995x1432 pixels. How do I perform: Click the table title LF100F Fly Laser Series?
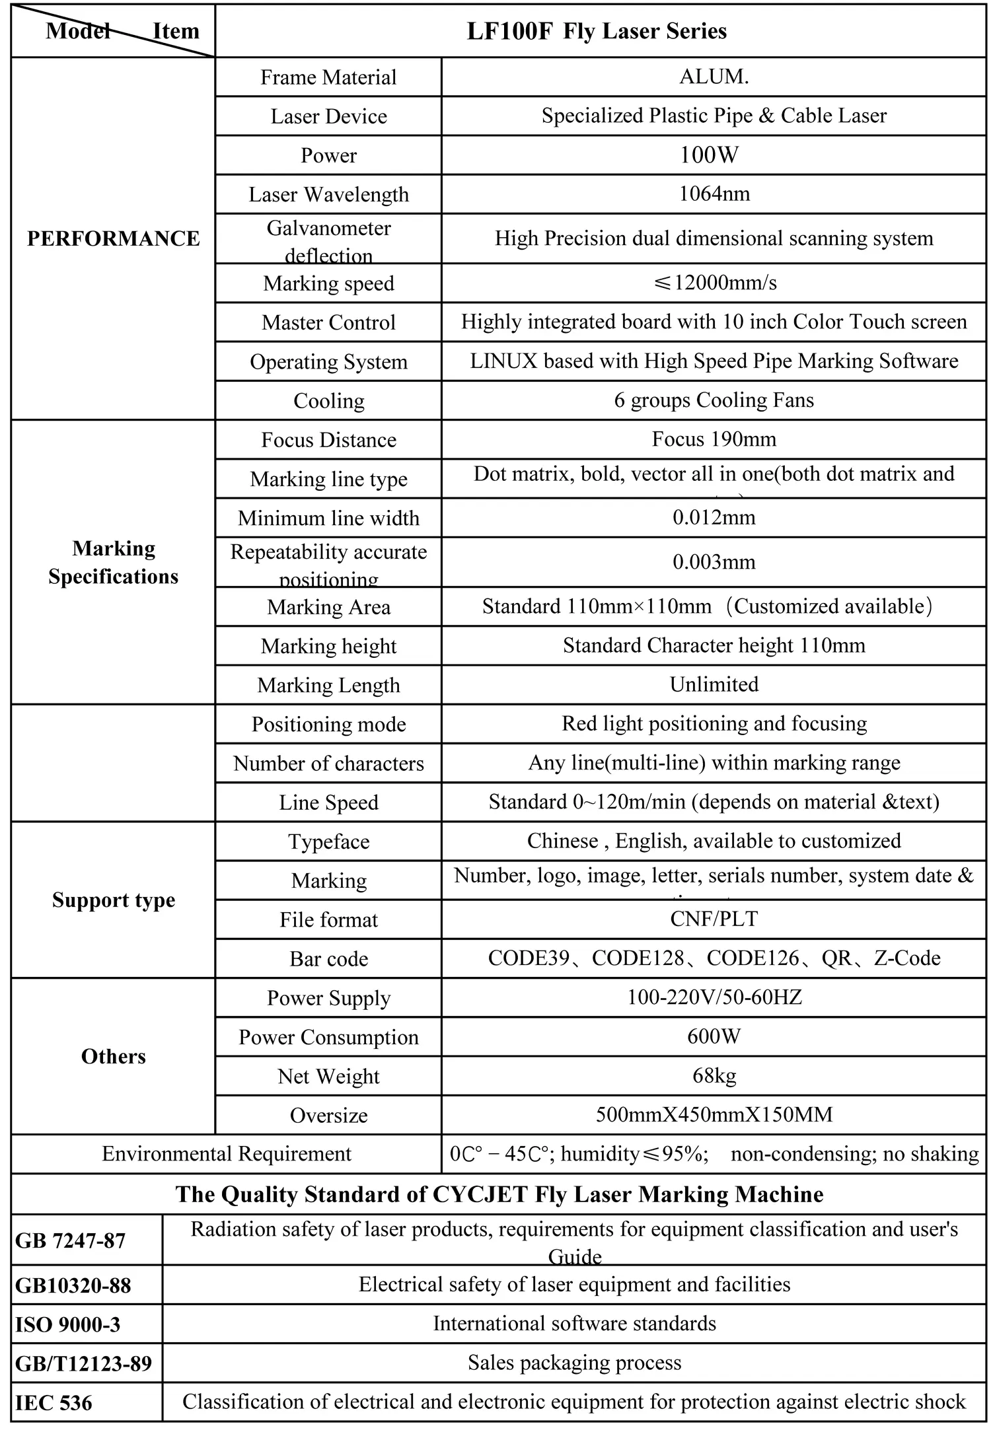(597, 31)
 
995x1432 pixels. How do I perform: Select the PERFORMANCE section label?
(113, 238)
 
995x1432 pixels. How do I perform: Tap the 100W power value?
(714, 155)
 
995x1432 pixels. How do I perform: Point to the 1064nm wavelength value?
(714, 194)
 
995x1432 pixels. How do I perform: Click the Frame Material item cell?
(328, 77)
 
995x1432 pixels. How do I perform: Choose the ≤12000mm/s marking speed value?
(714, 283)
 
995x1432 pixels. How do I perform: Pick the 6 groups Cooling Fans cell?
(714, 400)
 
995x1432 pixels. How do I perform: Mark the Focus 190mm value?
(714, 439)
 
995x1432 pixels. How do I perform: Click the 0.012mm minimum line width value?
(714, 517)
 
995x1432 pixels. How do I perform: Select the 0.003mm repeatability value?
(714, 562)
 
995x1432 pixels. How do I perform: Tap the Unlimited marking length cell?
(714, 684)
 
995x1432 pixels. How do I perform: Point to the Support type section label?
(114, 900)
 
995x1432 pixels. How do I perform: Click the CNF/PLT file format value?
(714, 919)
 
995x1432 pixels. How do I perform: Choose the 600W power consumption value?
(714, 1036)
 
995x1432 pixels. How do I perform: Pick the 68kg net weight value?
(714, 1075)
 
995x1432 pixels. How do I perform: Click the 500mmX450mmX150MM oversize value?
(714, 1114)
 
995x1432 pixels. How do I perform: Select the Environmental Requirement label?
(227, 1153)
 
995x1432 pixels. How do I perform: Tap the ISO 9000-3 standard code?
(68, 1324)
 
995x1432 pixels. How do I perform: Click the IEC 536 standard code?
(54, 1402)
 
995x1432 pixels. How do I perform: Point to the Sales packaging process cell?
(574, 1363)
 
